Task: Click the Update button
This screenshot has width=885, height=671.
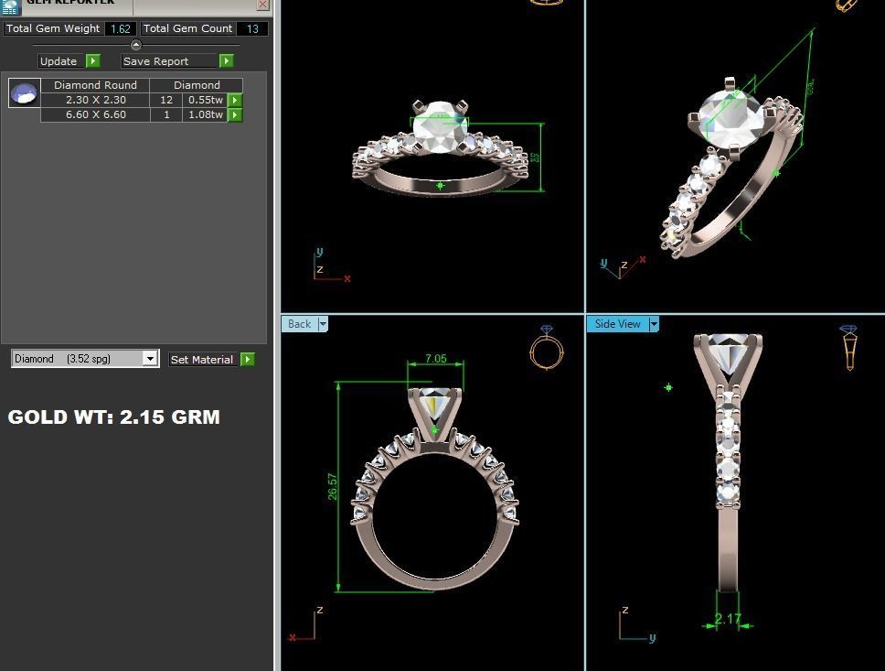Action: coord(59,61)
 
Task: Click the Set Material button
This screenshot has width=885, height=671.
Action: coord(202,360)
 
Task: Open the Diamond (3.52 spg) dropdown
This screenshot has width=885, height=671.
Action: coord(150,359)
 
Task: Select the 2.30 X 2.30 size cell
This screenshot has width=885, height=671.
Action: coord(95,100)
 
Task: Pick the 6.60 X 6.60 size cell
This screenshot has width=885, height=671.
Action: coord(95,114)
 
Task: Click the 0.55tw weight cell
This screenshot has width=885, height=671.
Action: coord(205,100)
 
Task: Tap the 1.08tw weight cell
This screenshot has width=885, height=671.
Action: coord(205,114)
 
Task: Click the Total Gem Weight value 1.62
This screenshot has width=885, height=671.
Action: coord(120,28)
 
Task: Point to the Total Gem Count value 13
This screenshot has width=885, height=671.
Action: coord(251,28)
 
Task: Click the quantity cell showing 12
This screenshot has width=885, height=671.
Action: coord(165,100)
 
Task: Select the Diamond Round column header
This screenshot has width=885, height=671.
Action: coord(95,85)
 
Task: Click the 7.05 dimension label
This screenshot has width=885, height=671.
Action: coord(436,359)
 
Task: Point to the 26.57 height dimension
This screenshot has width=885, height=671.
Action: coord(333,486)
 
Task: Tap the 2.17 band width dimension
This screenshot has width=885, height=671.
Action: coord(728,619)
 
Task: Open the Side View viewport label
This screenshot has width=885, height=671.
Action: coord(618,324)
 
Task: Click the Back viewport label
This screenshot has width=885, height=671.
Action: coord(299,324)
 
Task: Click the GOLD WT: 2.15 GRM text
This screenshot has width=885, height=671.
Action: coord(114,417)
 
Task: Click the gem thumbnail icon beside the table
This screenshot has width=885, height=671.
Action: coord(24,93)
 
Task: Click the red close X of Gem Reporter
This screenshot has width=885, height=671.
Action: coord(262,5)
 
